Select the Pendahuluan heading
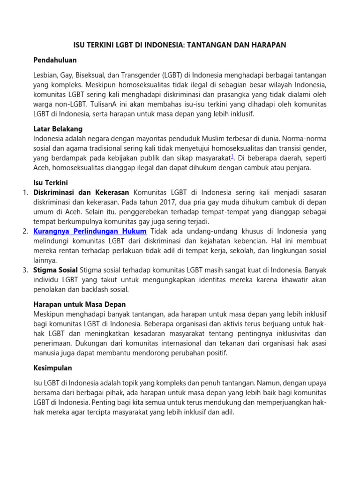click(55, 60)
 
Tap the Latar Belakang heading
click(58, 128)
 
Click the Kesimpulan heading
click(52, 368)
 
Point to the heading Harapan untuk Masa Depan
click(80, 304)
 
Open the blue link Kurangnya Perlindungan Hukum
click(90, 232)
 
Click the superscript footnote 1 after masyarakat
click(232, 156)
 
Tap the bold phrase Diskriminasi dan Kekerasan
click(82, 193)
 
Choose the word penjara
click(299, 167)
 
